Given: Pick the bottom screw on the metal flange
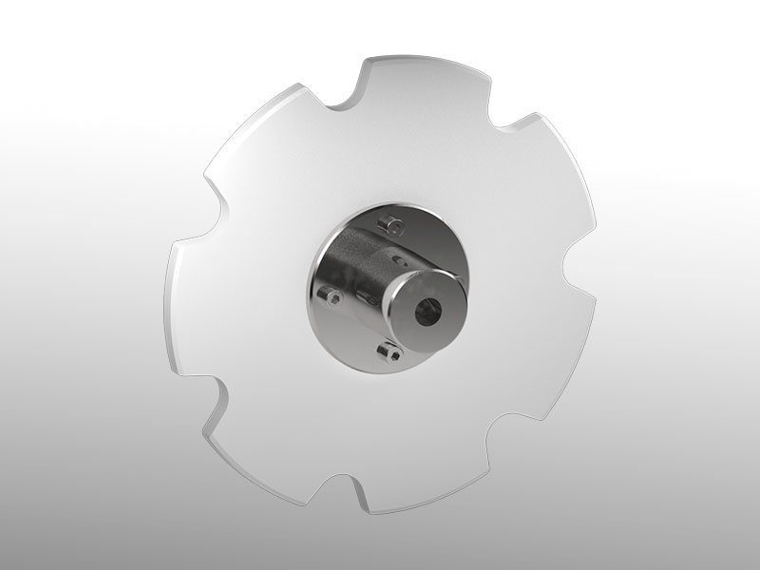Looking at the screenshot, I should click(x=385, y=352).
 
